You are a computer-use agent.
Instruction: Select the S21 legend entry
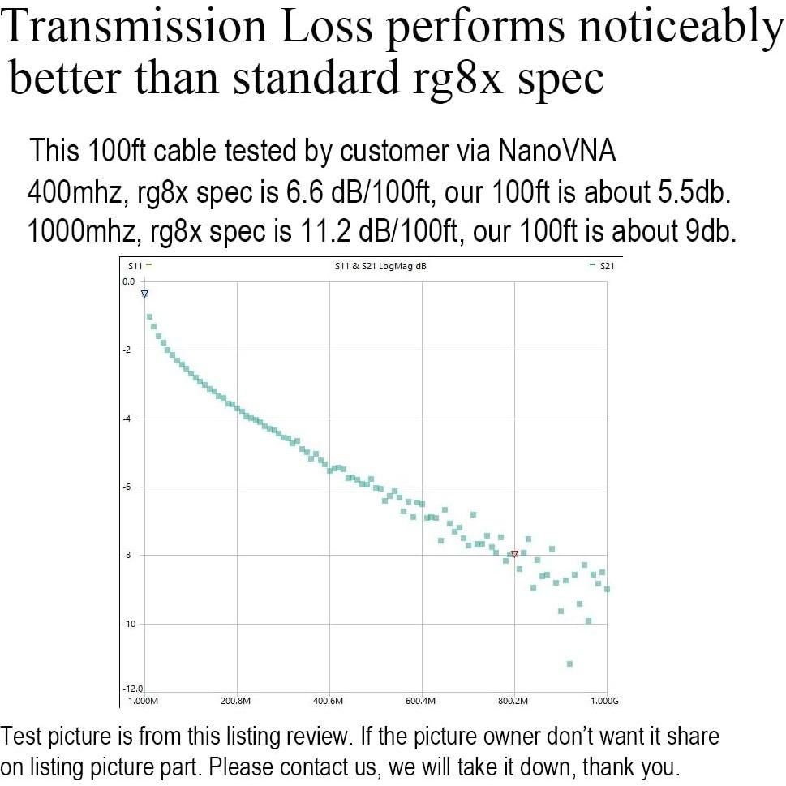(602, 265)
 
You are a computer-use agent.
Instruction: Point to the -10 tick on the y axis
(129, 623)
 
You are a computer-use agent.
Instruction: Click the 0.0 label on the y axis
(129, 281)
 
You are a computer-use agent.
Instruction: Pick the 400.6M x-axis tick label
(329, 701)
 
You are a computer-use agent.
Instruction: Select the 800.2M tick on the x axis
(513, 701)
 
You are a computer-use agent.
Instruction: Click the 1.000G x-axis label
(603, 701)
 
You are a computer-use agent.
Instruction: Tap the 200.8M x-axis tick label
(237, 701)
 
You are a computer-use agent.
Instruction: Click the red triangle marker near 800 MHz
(514, 555)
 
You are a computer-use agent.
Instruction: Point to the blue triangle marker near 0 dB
(144, 294)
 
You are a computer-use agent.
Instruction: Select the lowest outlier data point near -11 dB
(569, 664)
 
